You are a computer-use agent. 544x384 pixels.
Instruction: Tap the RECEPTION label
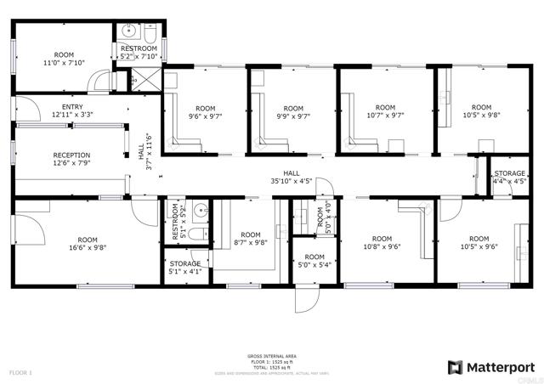coord(71,155)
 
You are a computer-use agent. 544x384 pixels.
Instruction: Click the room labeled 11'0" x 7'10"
coord(64,58)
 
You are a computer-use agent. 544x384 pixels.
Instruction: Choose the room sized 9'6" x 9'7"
coord(205,112)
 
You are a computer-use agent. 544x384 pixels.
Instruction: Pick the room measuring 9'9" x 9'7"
coord(293,112)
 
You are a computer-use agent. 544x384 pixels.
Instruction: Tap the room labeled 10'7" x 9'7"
coord(386,112)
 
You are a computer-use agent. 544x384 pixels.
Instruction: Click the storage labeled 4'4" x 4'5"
coord(510,178)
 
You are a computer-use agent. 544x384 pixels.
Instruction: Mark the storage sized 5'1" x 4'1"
coord(185,268)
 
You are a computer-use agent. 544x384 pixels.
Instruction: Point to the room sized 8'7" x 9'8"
coord(251,239)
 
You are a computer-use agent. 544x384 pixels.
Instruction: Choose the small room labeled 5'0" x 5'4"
coord(314,261)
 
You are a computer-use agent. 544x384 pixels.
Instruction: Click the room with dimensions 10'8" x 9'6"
coord(382,243)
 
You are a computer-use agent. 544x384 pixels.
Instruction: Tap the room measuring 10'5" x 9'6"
coord(479,243)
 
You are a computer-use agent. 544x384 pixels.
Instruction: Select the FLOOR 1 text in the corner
coord(20,372)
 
